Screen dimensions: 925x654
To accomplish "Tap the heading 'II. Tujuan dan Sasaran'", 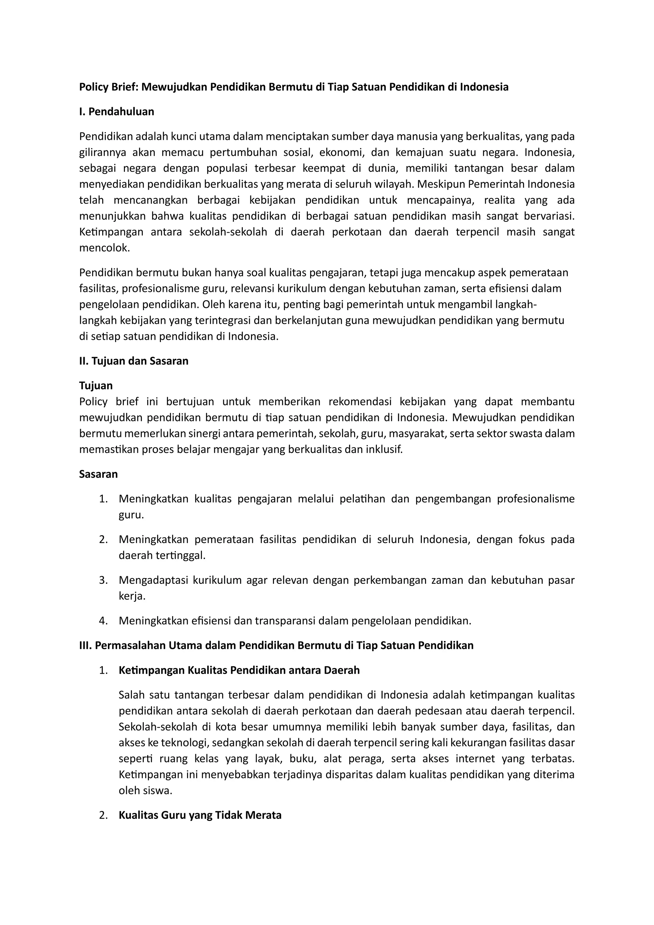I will pyautogui.click(x=134, y=361).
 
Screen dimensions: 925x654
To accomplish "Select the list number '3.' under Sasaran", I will pyautogui.click(x=103, y=580).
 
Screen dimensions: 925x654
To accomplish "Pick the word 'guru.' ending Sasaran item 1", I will pyautogui.click(x=131, y=515).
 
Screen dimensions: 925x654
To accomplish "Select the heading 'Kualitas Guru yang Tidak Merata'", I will pyautogui.click(x=200, y=815).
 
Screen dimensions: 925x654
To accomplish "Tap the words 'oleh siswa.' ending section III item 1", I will pyautogui.click(x=145, y=791).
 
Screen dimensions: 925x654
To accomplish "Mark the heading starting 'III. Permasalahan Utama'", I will pyautogui.click(x=276, y=646).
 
